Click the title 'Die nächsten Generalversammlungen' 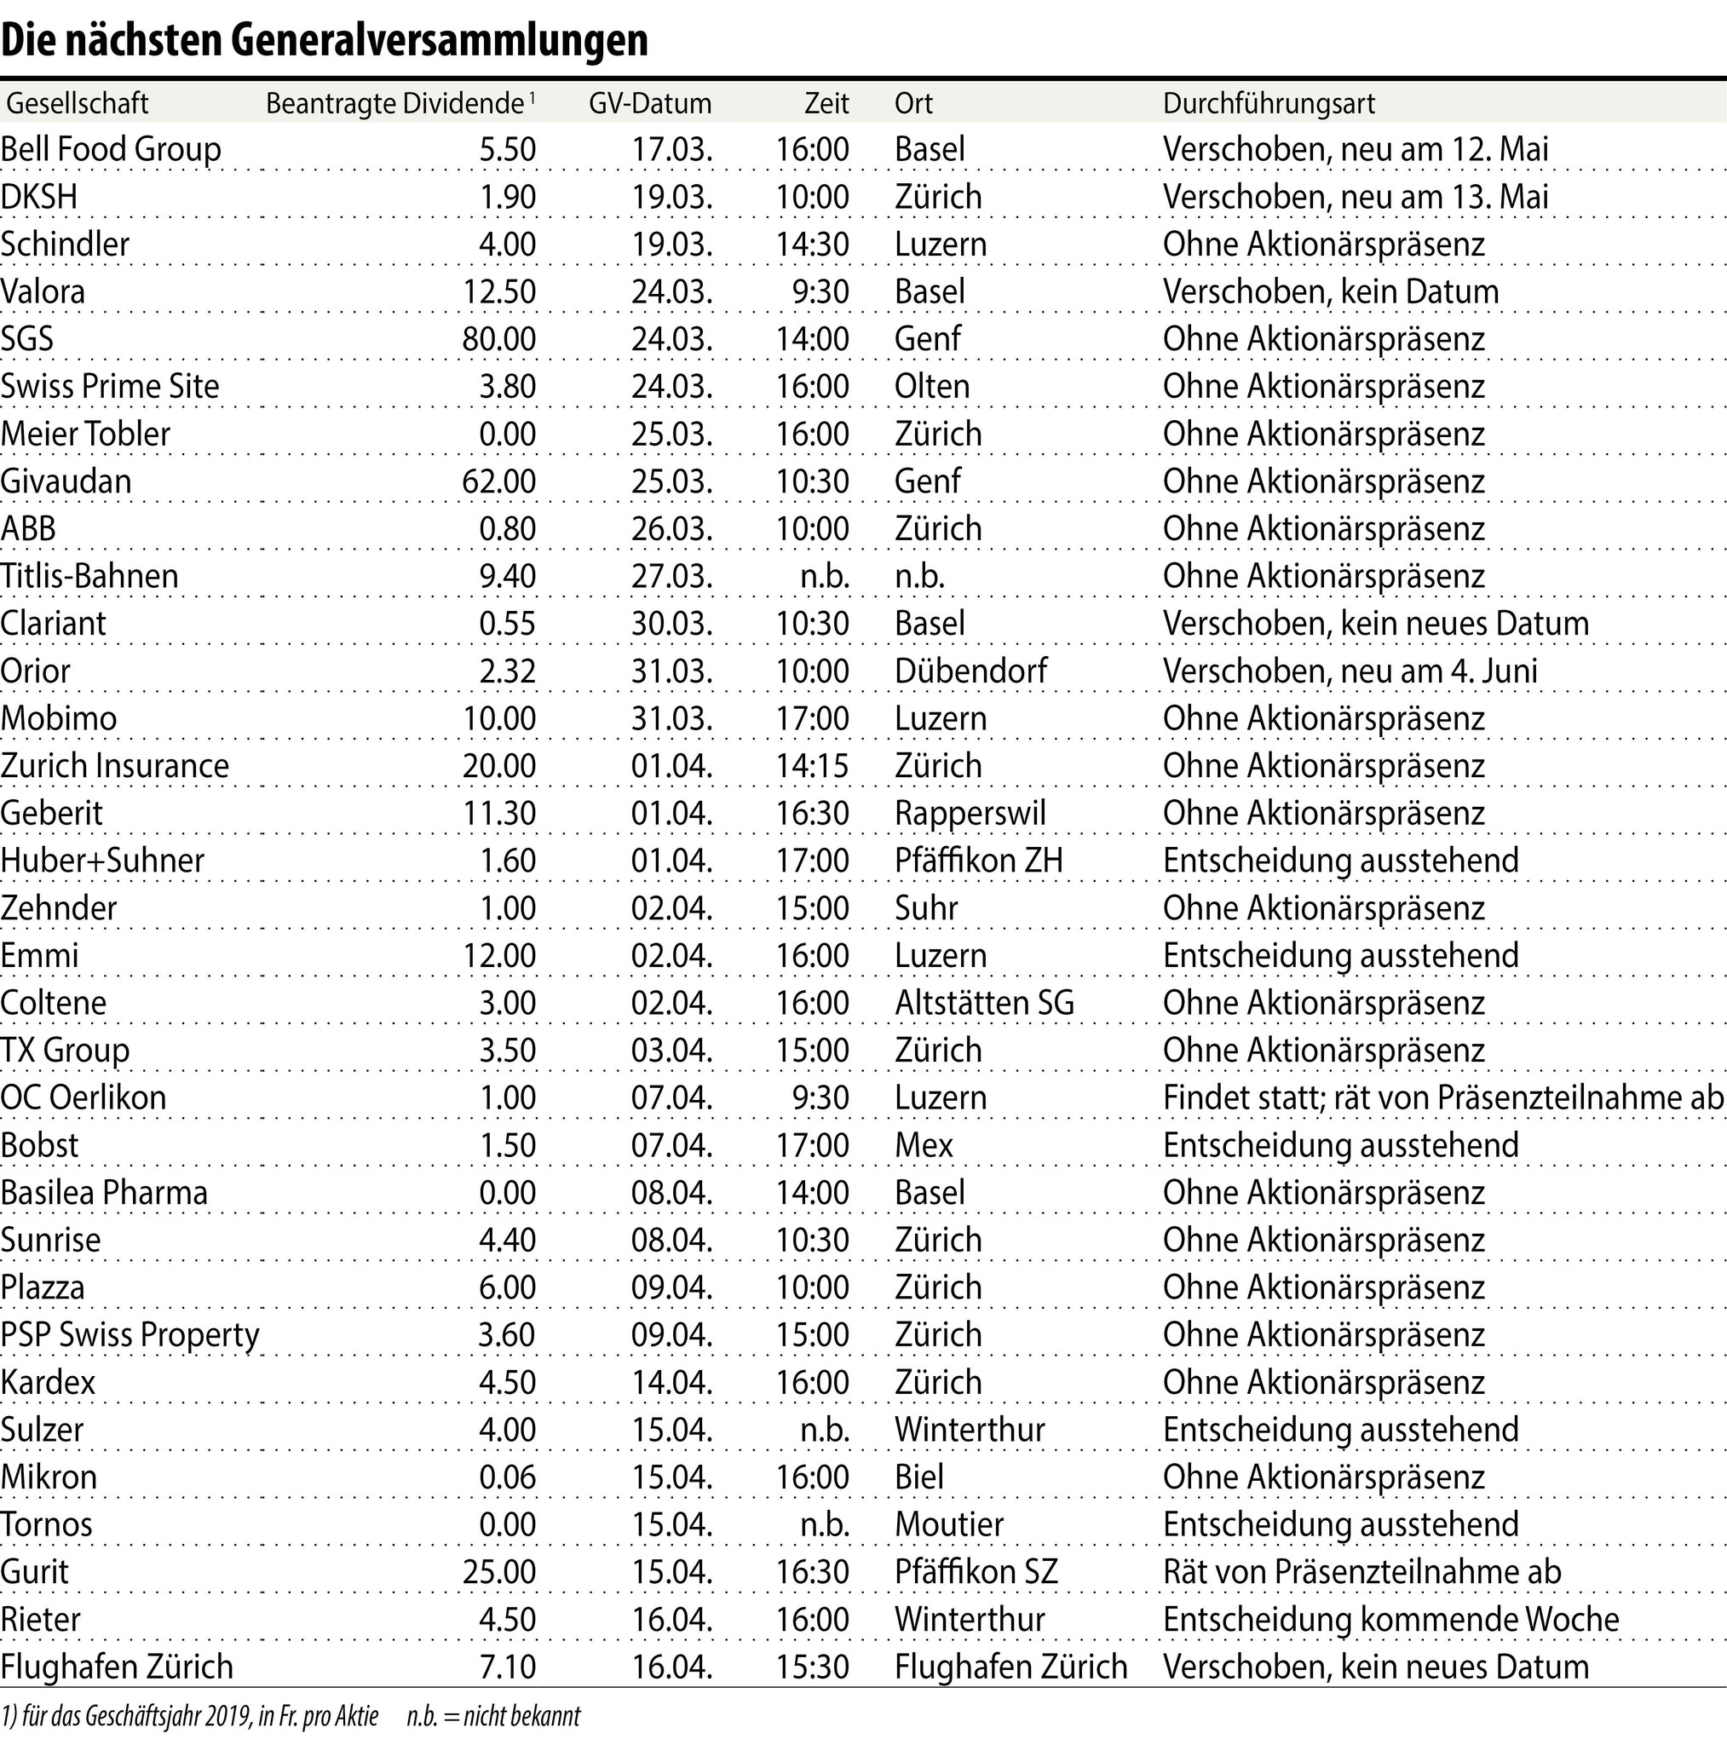tap(325, 40)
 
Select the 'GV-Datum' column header tap(649, 104)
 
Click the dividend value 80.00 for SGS tap(498, 340)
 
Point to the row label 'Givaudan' tap(66, 481)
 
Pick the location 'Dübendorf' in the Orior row tap(970, 671)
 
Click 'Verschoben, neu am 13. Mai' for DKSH tap(1355, 197)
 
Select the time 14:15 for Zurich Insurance tap(812, 766)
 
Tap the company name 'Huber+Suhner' tap(102, 861)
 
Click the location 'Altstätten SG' tap(985, 1003)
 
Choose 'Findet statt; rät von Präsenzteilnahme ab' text tap(1443, 1097)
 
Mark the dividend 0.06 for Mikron tap(507, 1477)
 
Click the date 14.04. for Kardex tap(671, 1382)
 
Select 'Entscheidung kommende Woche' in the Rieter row tap(1391, 1620)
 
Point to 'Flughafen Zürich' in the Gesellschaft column tap(117, 1667)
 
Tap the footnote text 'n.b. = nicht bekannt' tap(493, 1716)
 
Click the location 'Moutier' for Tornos tap(948, 1524)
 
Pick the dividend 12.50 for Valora tap(498, 291)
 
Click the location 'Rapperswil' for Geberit tap(970, 813)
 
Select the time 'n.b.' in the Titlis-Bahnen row tap(825, 576)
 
